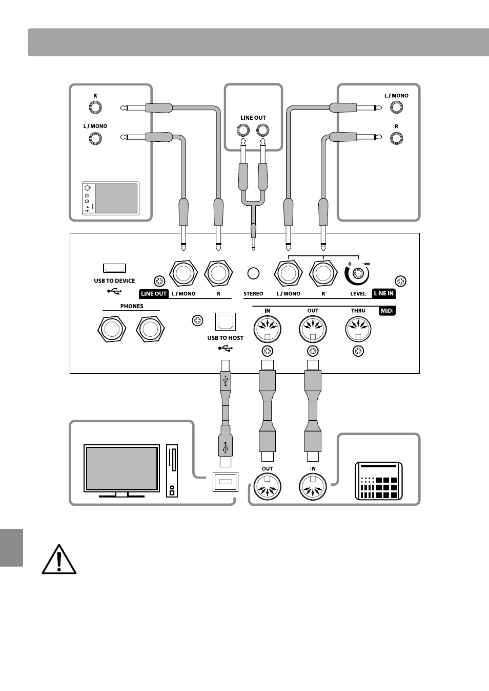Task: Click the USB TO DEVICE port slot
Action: (114, 268)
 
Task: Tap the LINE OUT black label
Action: (154, 294)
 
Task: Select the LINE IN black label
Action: (384, 293)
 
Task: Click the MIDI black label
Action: (388, 311)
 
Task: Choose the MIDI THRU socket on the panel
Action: (358, 329)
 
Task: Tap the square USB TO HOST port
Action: (225, 321)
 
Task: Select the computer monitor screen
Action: (121, 468)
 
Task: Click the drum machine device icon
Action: (379, 481)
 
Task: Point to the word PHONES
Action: (132, 306)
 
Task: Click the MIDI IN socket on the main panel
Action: (268, 329)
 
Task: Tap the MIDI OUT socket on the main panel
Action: (313, 329)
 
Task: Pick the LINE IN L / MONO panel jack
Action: (288, 274)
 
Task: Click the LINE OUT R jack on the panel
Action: (218, 274)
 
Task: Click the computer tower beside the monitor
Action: (172, 470)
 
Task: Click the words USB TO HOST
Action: (226, 338)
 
